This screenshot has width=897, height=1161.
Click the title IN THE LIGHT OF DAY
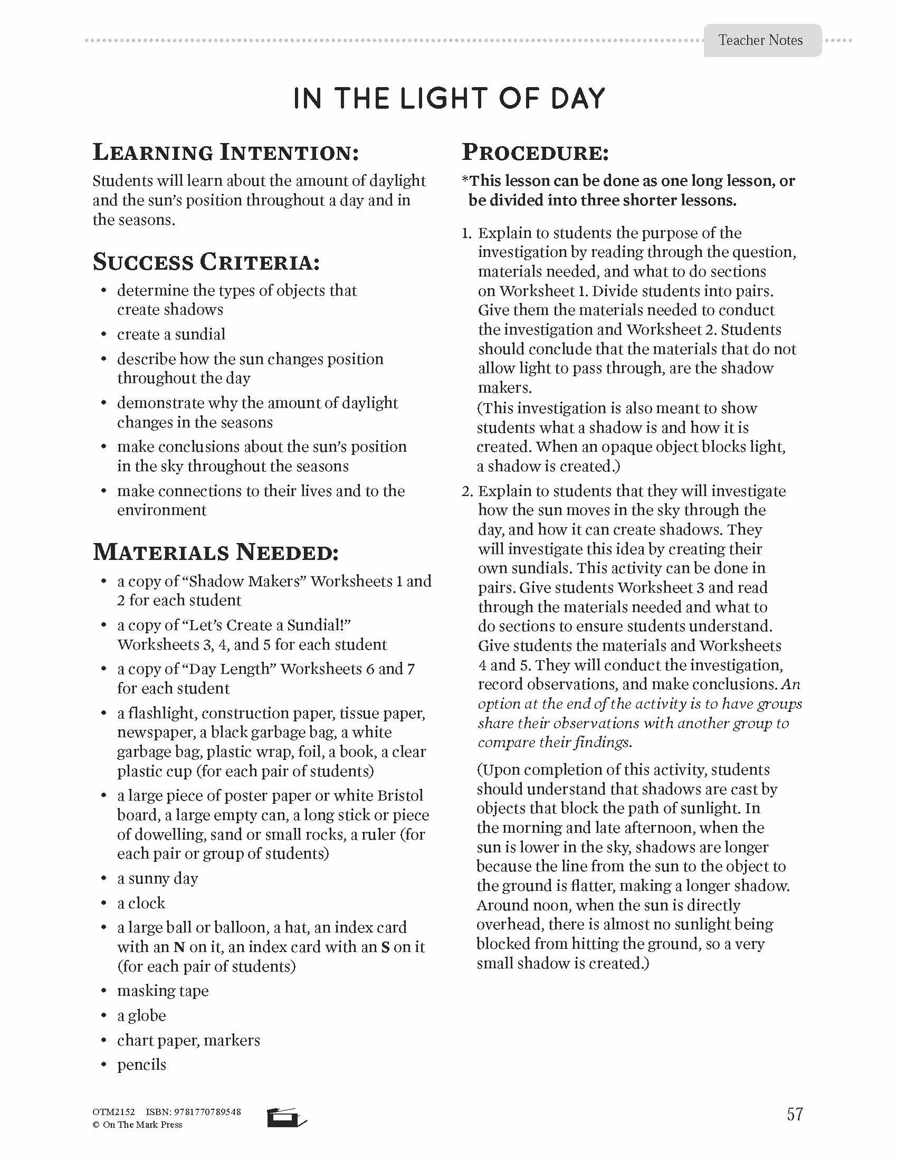[x=449, y=99]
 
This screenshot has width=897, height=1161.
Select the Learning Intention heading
[x=226, y=153]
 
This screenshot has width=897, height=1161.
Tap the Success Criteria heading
[x=206, y=262]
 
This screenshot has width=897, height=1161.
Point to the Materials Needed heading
[x=216, y=553]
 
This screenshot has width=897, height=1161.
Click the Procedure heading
[x=535, y=153]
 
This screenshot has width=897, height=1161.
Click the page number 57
[x=795, y=1114]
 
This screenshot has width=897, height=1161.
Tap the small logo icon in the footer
[x=287, y=1117]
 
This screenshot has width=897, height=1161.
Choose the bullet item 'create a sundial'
[x=171, y=335]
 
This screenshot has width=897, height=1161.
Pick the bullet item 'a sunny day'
[x=157, y=879]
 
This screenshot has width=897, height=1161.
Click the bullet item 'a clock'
[x=141, y=903]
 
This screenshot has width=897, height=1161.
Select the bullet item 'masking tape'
[x=163, y=991]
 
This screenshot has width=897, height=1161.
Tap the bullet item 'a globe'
[x=141, y=1016]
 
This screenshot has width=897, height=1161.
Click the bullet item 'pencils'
[x=141, y=1065]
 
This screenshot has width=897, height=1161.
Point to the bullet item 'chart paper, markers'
[x=189, y=1040]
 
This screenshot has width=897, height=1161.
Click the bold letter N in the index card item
[x=179, y=947]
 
